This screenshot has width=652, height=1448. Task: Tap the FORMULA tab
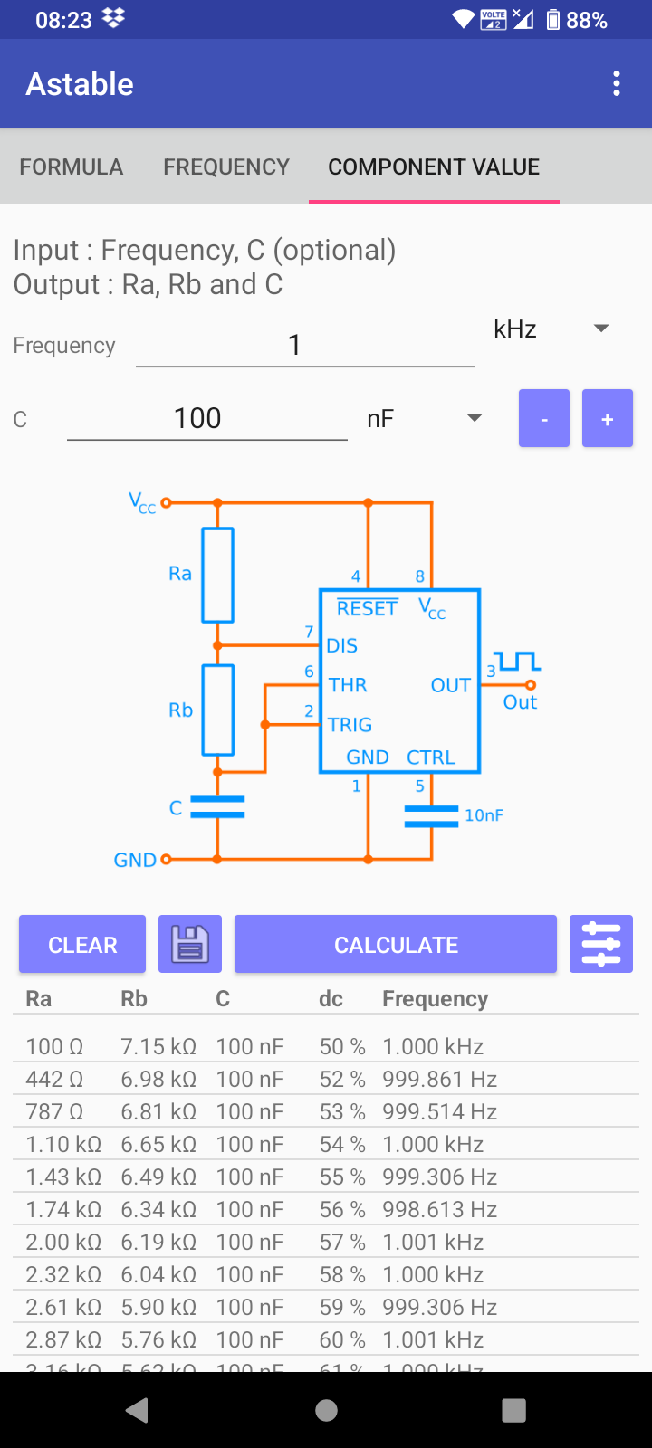pos(71,167)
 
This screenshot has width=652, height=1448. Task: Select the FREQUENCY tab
pos(226,167)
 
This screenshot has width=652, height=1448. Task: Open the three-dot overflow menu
pos(617,84)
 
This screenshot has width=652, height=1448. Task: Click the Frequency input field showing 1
pos(304,345)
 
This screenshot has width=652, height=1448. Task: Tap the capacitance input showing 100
pos(206,418)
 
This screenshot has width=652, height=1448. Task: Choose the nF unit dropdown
pos(424,418)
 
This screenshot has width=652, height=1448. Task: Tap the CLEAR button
pos(82,945)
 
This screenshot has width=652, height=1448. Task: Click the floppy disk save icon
pos(190,945)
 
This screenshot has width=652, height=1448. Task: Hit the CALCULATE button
pos(396,945)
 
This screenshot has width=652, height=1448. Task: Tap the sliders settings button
pos(601,945)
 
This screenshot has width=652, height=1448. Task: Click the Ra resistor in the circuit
pos(217,575)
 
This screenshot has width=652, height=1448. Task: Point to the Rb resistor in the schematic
pos(217,710)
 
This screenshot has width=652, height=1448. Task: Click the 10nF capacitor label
pos(484,815)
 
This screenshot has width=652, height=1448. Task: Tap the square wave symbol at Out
pos(517,662)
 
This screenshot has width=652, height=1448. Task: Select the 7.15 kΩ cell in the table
pos(158,1047)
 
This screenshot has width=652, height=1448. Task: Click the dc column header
pos(331,999)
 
